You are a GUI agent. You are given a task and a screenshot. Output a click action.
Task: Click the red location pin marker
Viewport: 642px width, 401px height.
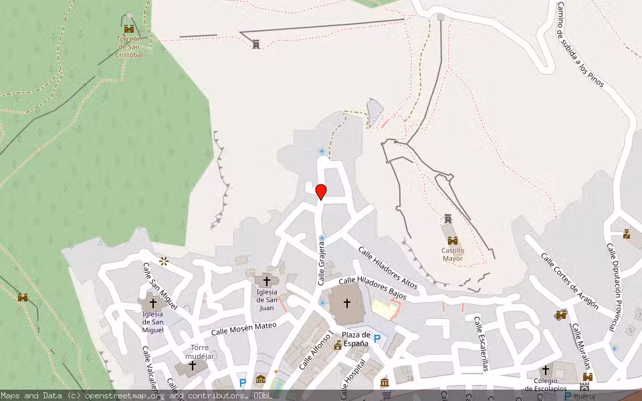click(x=321, y=191)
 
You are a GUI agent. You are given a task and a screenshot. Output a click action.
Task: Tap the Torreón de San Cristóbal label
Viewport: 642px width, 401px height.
click(x=129, y=47)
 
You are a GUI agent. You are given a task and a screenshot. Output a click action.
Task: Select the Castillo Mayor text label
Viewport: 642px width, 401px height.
click(x=453, y=255)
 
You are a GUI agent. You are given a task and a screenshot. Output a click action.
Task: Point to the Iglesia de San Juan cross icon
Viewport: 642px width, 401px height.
click(x=267, y=281)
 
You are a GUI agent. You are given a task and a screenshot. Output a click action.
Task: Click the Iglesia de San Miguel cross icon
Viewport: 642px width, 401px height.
click(x=152, y=303)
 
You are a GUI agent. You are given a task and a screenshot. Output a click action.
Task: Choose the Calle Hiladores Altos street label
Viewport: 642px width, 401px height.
click(x=387, y=268)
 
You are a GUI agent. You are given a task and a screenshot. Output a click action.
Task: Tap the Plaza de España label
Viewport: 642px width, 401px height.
click(x=355, y=339)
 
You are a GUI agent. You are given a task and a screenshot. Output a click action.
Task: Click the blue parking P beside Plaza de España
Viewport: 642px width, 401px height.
click(x=377, y=339)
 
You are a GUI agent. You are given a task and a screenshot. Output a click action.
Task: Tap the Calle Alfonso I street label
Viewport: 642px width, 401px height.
click(x=316, y=351)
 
